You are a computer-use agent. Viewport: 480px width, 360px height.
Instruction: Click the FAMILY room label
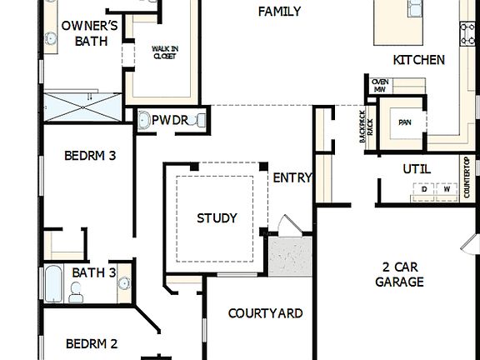pos(279,12)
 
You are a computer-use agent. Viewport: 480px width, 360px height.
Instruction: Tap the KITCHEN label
pos(418,60)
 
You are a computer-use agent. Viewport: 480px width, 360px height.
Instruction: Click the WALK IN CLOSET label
pos(164,54)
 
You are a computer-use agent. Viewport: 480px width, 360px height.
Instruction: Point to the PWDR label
pos(169,121)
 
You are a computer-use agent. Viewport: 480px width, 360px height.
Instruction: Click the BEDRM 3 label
pos(90,155)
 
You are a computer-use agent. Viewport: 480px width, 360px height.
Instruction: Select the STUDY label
pos(217,218)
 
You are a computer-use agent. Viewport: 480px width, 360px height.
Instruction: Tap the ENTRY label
pos(292,177)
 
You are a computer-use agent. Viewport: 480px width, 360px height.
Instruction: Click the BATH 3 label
pos(94,272)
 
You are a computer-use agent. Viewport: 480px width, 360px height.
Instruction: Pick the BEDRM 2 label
pos(92,343)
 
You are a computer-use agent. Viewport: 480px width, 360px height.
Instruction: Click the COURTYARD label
pos(265,313)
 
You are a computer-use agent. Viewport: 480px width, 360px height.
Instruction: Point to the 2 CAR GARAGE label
pos(399,275)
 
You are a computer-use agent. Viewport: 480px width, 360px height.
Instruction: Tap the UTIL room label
pos(417,169)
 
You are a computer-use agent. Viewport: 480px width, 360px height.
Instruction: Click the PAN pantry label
pos(405,122)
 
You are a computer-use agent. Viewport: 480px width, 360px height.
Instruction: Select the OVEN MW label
pos(380,85)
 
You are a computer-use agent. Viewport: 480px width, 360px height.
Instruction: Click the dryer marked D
pos(424,190)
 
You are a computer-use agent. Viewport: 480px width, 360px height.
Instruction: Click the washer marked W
pos(447,190)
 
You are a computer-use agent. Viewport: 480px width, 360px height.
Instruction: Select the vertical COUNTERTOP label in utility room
pos(467,177)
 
